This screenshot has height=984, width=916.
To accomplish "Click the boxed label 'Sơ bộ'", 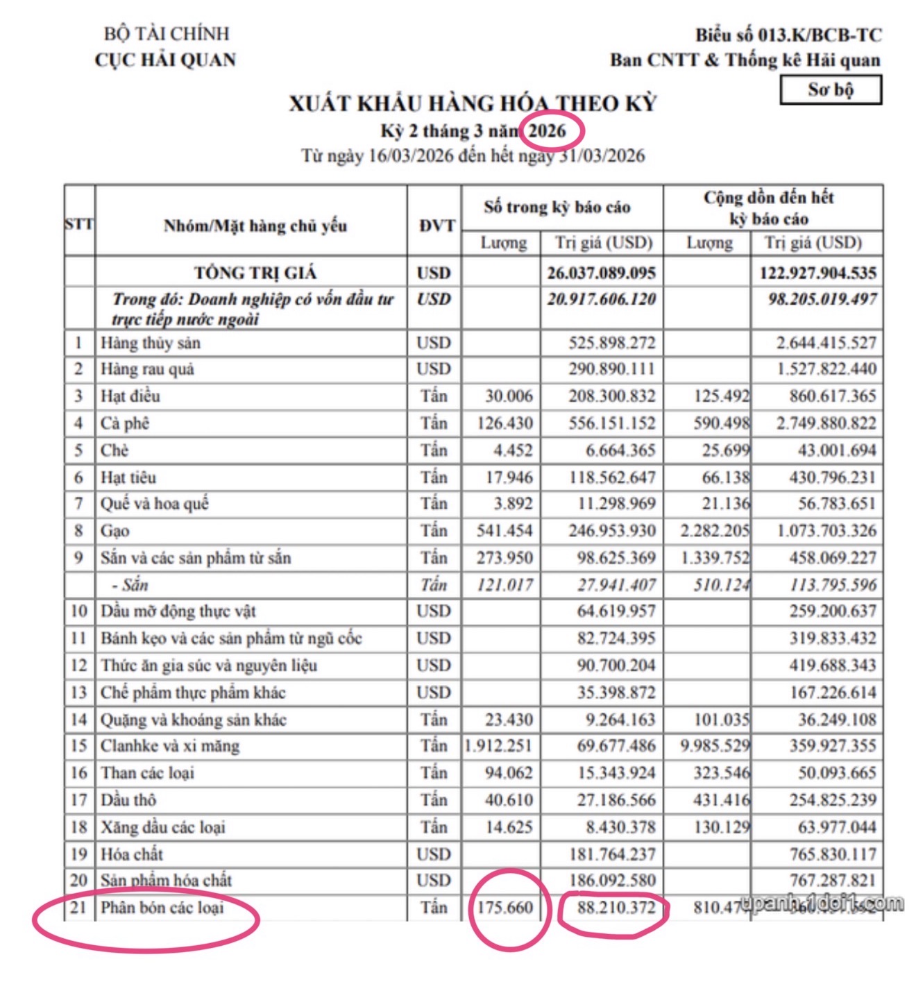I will [x=831, y=90].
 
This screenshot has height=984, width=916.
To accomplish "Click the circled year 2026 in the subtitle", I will [x=548, y=130].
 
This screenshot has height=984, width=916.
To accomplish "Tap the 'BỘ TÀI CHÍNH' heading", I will [x=167, y=33].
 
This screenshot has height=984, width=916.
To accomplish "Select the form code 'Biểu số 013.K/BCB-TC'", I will [x=788, y=35].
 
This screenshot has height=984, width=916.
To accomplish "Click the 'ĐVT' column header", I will [x=436, y=226].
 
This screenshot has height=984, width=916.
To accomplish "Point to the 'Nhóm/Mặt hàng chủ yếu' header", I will [x=255, y=226].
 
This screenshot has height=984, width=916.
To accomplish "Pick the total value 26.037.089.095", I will [x=601, y=273].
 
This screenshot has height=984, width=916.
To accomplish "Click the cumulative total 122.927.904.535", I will [x=817, y=273].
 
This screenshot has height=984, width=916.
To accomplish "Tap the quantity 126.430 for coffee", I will [x=504, y=423].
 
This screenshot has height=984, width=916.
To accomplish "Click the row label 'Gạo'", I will [x=115, y=531].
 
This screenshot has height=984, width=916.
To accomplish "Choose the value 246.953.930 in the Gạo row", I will [x=611, y=531].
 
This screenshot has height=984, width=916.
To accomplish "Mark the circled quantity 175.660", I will [x=504, y=908].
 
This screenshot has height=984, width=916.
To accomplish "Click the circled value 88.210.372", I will [x=616, y=908].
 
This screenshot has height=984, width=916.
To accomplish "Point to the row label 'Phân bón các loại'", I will [x=162, y=908].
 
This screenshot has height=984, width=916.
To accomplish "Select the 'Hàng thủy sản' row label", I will [x=151, y=343].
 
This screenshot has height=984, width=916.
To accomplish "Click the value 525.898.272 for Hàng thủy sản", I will [x=611, y=343].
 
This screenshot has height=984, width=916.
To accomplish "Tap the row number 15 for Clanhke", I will [x=79, y=746].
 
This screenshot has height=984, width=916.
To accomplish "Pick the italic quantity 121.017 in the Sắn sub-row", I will [x=504, y=585].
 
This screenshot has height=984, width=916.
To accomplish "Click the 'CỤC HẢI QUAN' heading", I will [x=165, y=60].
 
